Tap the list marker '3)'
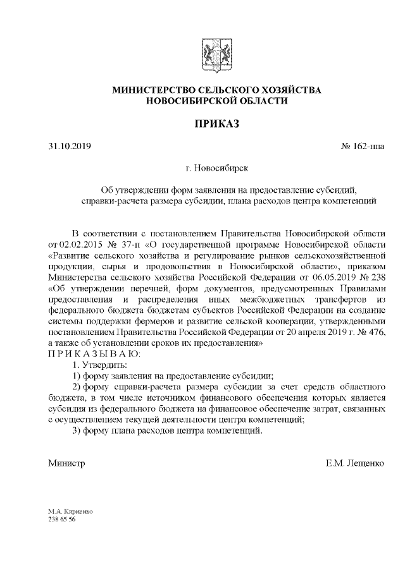pyautogui.click(x=76, y=430)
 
